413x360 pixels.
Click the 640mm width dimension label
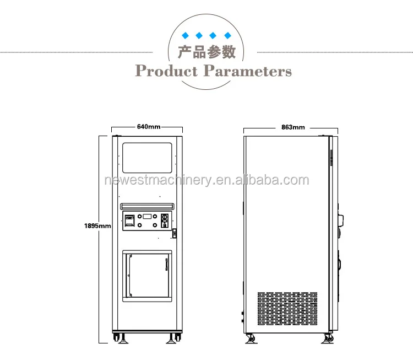149,127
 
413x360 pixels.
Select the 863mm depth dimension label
293,127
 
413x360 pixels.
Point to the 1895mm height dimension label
97,225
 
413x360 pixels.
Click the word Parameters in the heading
248,71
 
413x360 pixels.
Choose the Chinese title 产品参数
206,52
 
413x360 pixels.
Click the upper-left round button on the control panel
140,216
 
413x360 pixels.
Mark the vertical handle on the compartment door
165,266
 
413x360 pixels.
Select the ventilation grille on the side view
287,308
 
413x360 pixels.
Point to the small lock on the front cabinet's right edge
175,234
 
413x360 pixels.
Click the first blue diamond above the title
186,36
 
